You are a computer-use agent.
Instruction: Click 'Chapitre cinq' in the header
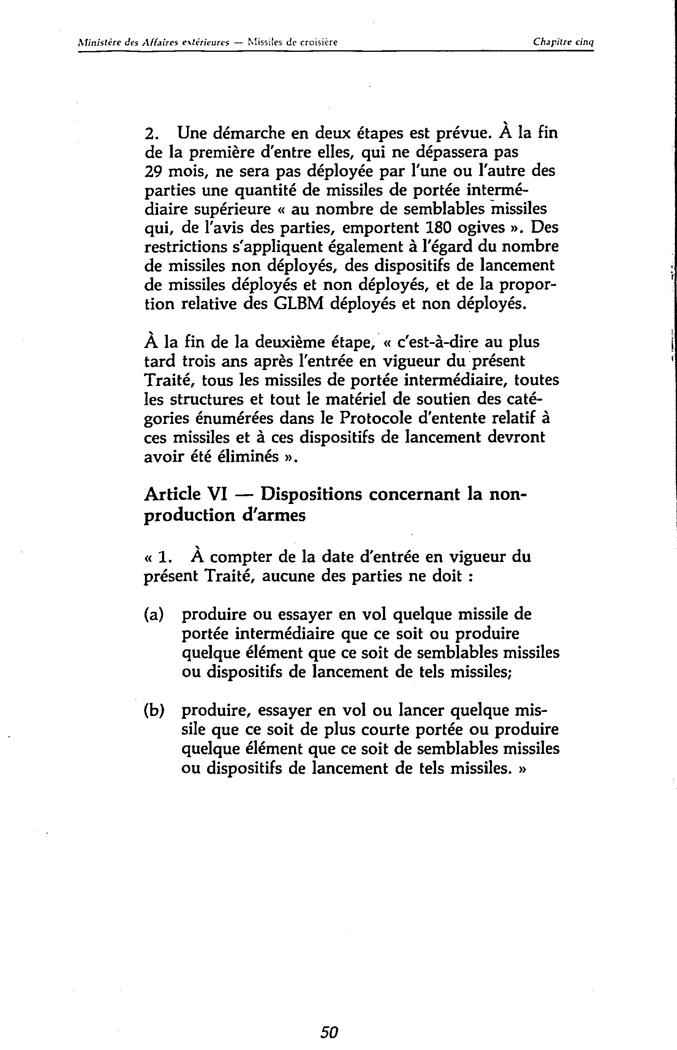pyautogui.click(x=563, y=42)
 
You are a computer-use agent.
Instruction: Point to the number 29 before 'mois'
pyautogui.click(x=153, y=171)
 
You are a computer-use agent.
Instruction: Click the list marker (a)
pyautogui.click(x=154, y=614)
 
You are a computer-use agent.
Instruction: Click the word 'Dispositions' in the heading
pyautogui.click(x=311, y=495)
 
